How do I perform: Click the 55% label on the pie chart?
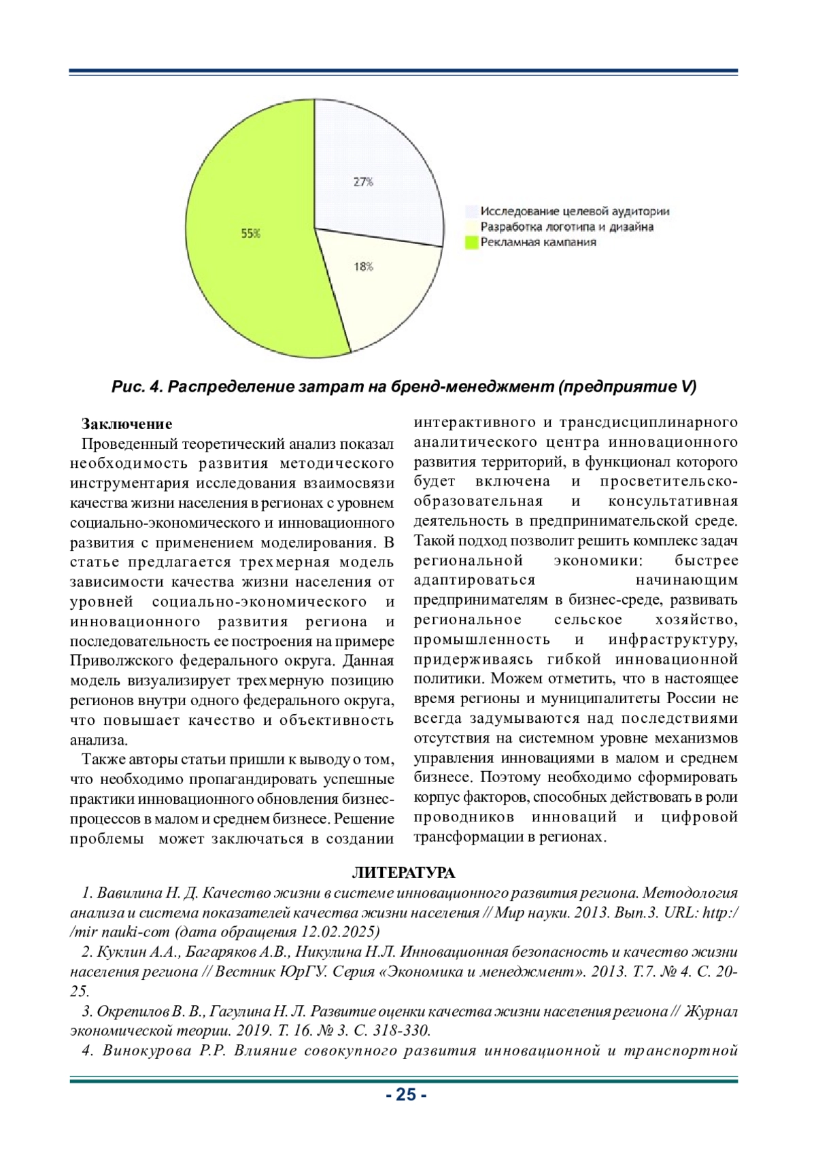click(250, 233)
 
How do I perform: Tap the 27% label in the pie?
click(363, 182)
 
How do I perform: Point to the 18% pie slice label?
click(363, 267)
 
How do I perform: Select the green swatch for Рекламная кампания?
click(471, 243)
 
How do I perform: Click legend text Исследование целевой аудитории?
click(575, 211)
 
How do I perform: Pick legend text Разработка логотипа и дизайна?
click(567, 227)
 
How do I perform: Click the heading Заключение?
click(127, 424)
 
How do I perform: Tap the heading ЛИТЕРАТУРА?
click(403, 873)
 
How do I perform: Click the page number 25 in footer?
click(406, 1095)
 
